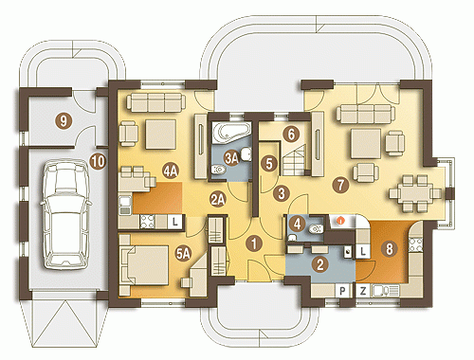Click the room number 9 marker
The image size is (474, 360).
(64, 120)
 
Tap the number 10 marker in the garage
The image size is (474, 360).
(98, 161)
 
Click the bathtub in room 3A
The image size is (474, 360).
(232, 133)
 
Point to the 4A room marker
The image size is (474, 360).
(171, 171)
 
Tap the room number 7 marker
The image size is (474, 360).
(340, 185)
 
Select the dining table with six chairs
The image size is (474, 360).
(415, 193)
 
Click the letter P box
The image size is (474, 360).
(343, 291)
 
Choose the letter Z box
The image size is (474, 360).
(363, 291)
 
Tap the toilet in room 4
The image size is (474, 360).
(316, 228)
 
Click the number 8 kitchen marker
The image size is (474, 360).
(390, 248)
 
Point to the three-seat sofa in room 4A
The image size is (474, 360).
(155, 102)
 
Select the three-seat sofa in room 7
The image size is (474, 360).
(366, 115)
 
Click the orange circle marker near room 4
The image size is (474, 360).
(340, 221)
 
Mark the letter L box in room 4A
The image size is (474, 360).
(174, 222)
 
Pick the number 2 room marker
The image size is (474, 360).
(320, 264)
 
